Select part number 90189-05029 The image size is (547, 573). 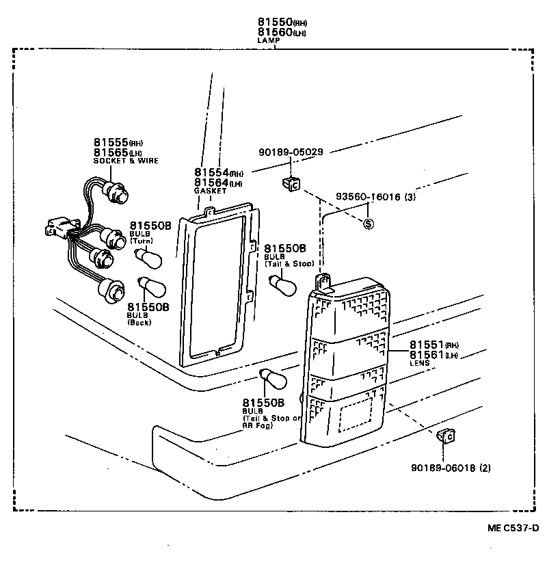(291, 152)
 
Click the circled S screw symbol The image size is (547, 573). (369, 224)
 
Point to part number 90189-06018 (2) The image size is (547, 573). (451, 468)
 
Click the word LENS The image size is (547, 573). (419, 363)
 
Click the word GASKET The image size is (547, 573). (210, 191)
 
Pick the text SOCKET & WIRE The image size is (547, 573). (126, 161)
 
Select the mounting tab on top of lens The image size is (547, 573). (324, 281)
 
